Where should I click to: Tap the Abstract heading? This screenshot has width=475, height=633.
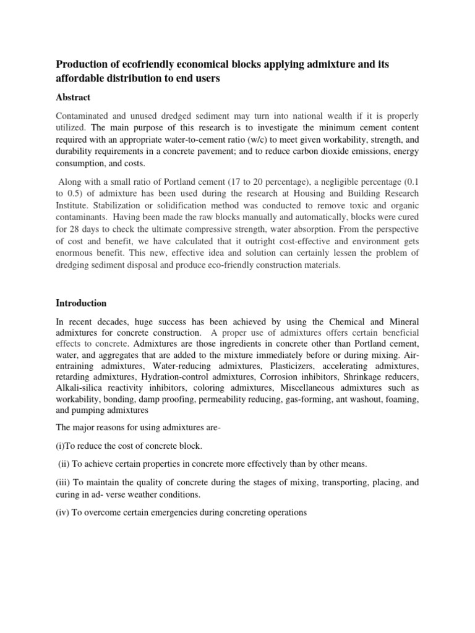coord(73,98)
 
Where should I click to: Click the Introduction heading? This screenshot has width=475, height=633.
coord(82,304)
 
